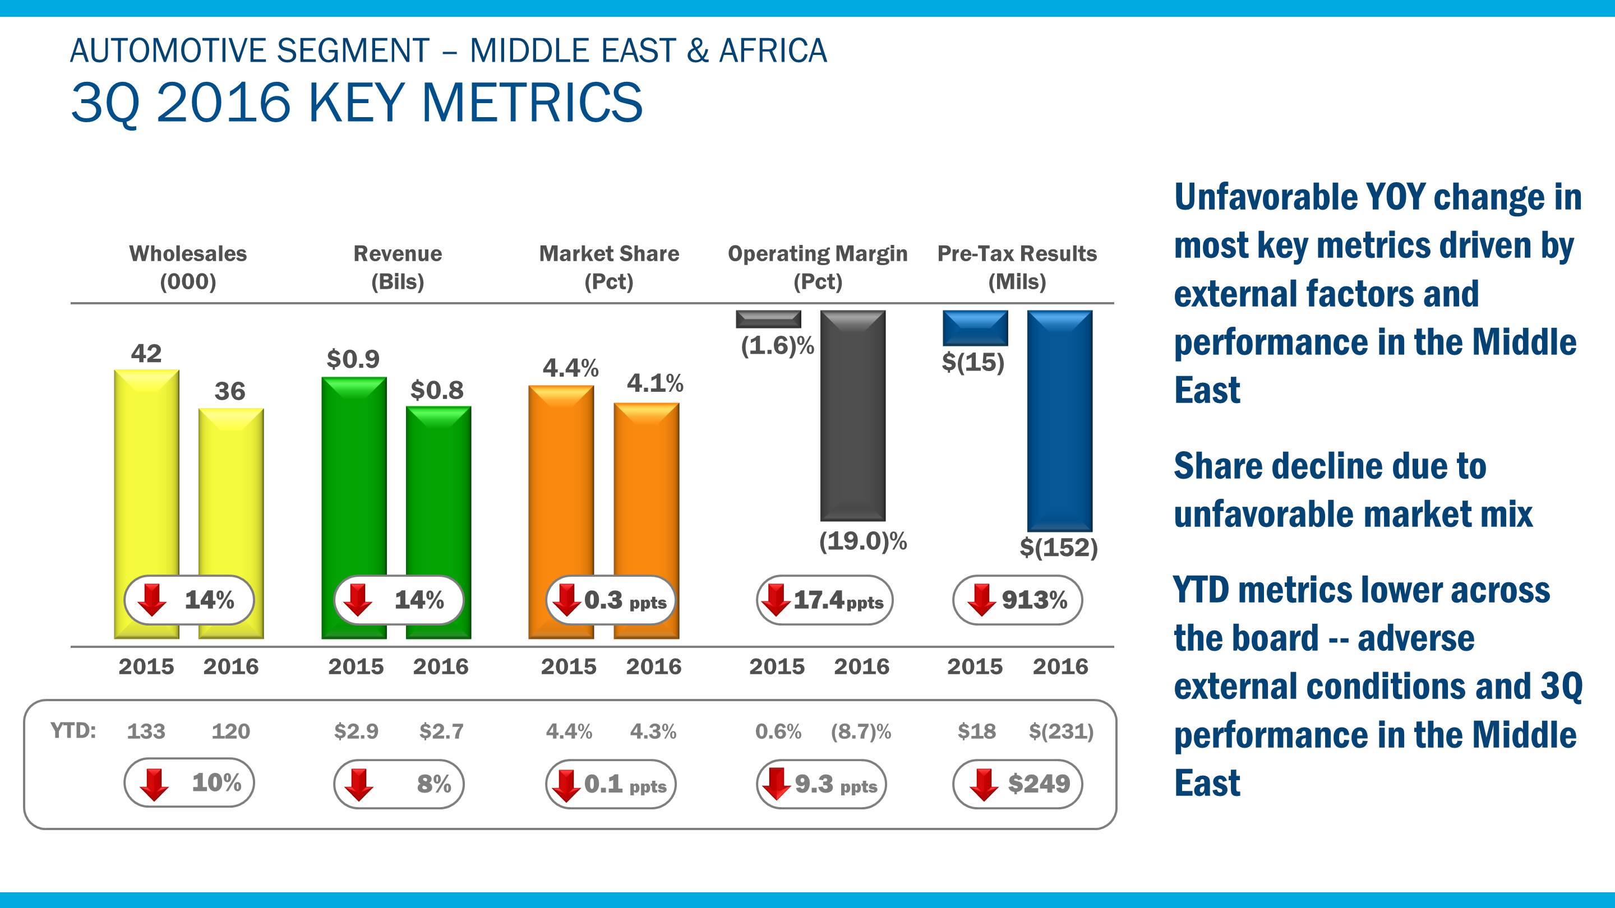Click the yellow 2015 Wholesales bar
[146, 476]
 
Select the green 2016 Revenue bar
[438, 489]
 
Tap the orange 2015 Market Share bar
[561, 483]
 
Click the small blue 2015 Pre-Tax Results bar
[976, 328]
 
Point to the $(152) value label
[1059, 548]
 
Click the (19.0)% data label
[862, 541]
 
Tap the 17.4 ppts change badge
[824, 600]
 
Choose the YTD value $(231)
[1061, 731]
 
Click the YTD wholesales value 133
[146, 731]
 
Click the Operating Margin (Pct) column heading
[818, 267]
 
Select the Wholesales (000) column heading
[188, 267]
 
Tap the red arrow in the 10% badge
[154, 785]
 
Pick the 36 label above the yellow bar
[229, 392]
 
